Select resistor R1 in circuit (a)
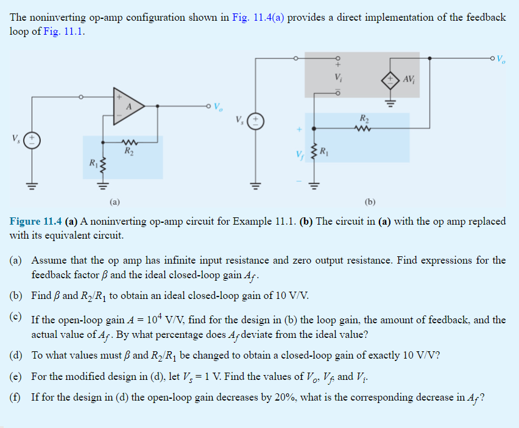[x=103, y=163]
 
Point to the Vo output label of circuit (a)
[x=217, y=108]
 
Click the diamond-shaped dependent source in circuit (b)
[x=390, y=79]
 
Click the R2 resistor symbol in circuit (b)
[x=364, y=128]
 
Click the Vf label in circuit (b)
[x=298, y=155]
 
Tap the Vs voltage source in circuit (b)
[x=256, y=119]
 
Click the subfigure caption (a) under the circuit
[x=115, y=200]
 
